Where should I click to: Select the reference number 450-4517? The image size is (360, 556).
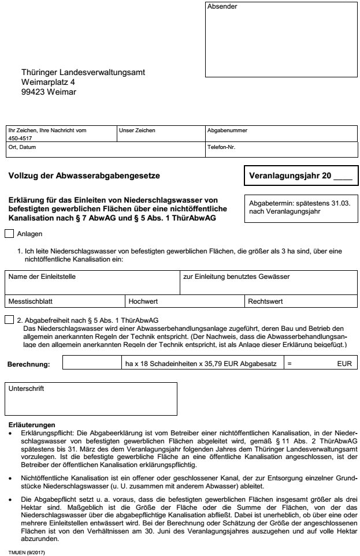pos(21,139)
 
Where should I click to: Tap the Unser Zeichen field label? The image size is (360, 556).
pos(137,130)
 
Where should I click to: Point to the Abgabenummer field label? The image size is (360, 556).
pos(227,130)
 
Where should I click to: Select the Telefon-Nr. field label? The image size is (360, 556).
pos(221,147)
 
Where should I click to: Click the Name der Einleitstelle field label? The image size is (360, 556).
pos(42,277)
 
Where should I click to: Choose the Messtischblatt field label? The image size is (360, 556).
pos(31,301)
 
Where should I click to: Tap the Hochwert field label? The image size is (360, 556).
pos(144,301)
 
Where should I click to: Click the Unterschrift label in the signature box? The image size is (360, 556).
pos(26,389)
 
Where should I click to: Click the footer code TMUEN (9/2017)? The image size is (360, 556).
pos(27,551)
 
